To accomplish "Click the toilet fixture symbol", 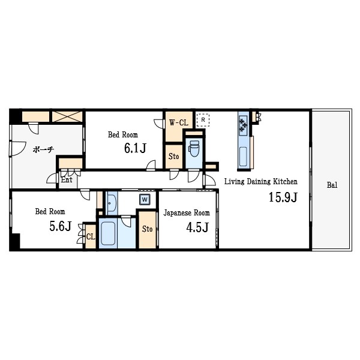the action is (x=194, y=148).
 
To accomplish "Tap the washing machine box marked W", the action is (x=145, y=199).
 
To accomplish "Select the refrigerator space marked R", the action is (x=203, y=120).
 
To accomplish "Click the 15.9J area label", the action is (x=283, y=197).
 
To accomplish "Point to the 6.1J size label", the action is (x=135, y=148).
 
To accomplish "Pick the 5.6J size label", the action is (x=61, y=226).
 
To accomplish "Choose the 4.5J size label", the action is (x=197, y=227).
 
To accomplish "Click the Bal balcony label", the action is (x=332, y=185).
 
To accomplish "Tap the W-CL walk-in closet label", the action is (x=179, y=122).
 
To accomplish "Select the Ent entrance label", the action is (x=67, y=179).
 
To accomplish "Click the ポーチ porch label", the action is (x=43, y=149).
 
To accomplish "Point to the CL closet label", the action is (x=91, y=236).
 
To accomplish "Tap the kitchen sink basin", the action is (x=243, y=157).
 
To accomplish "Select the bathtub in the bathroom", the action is (x=108, y=233).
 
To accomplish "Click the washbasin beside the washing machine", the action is (x=112, y=203).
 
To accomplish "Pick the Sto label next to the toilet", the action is (x=173, y=157).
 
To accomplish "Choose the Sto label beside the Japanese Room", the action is (x=147, y=229).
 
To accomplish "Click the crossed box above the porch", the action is (x=67, y=116).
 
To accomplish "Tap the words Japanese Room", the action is (x=187, y=213).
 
